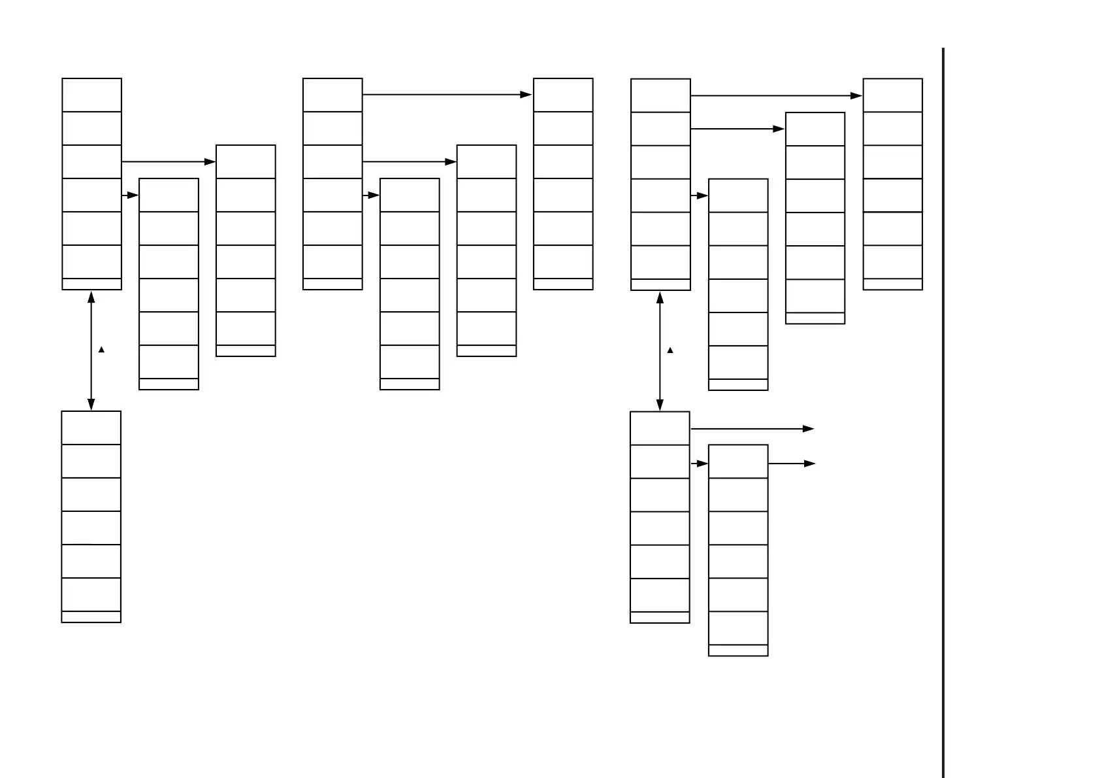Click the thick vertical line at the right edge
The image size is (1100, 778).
click(943, 412)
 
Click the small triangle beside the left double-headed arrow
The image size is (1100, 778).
click(101, 350)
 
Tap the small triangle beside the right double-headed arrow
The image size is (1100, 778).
click(670, 350)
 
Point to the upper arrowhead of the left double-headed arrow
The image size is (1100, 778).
click(91, 297)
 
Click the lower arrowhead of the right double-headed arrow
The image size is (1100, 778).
click(660, 405)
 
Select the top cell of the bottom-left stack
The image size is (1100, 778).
click(91, 428)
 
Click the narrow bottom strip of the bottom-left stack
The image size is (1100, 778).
click(91, 617)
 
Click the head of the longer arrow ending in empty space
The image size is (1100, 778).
click(809, 429)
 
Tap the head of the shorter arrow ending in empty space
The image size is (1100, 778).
click(810, 464)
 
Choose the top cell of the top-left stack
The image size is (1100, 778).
click(91, 95)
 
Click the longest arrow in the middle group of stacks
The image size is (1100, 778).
click(447, 95)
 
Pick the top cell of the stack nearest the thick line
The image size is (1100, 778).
click(892, 95)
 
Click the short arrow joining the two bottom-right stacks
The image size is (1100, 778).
click(699, 464)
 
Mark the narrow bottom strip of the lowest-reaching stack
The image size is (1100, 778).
click(738, 650)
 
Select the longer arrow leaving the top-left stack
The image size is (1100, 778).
click(169, 161)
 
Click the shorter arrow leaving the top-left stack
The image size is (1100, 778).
click(130, 195)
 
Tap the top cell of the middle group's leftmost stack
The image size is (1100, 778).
click(332, 95)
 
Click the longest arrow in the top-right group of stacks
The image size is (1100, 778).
click(776, 95)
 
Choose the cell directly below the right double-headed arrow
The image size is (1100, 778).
click(660, 428)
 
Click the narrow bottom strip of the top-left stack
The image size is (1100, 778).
click(91, 284)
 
